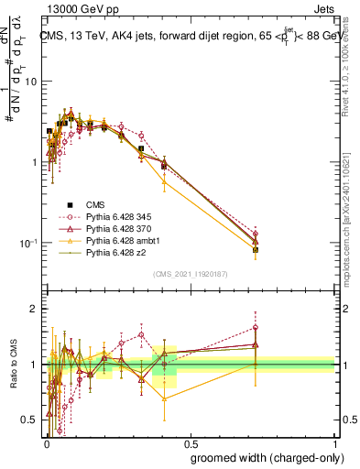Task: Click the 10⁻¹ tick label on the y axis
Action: click(28, 243)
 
